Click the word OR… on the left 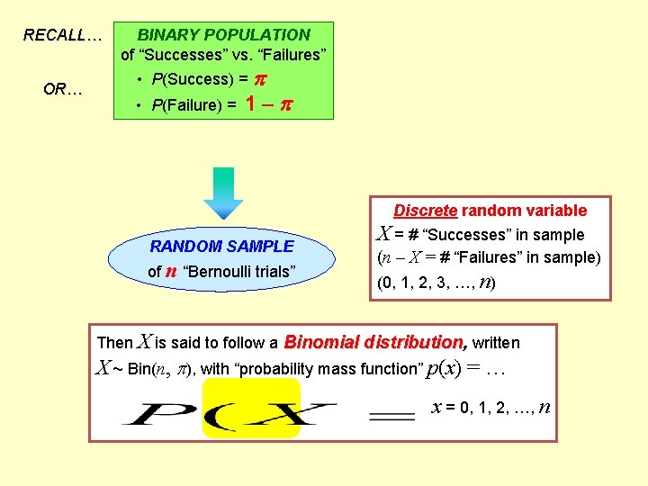[x=63, y=90]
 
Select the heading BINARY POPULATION [x=224, y=35]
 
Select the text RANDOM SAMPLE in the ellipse [x=222, y=246]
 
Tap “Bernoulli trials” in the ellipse [x=238, y=271]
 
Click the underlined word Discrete [x=425, y=211]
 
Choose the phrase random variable [x=525, y=211]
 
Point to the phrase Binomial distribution [x=375, y=342]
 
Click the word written [x=496, y=343]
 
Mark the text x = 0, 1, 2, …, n [x=491, y=407]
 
